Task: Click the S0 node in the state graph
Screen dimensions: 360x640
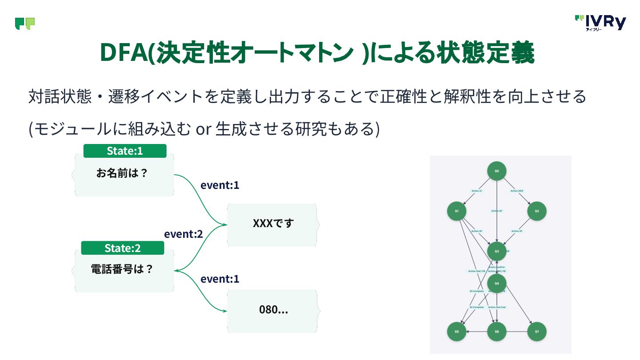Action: pos(497,171)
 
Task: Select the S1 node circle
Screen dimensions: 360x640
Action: pos(456,211)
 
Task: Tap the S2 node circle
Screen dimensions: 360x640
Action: pos(537,211)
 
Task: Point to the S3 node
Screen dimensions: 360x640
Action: pos(497,252)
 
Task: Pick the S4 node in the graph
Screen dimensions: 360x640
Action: pos(497,283)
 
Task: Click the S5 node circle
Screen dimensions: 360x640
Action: pos(456,332)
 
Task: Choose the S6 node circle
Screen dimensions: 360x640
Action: pos(497,332)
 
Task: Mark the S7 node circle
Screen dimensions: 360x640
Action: pos(537,332)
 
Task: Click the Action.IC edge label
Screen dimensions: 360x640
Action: pos(477,191)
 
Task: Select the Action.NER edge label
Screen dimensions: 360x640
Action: pos(517,191)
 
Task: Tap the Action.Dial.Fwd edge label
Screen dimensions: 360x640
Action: pos(497,308)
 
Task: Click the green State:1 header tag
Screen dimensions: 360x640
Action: pos(125,151)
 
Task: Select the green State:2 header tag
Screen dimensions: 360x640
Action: pos(123,248)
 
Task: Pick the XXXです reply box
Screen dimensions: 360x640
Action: pos(273,224)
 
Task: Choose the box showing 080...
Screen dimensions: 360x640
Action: pos(273,311)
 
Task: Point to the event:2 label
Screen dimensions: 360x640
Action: pos(184,234)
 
